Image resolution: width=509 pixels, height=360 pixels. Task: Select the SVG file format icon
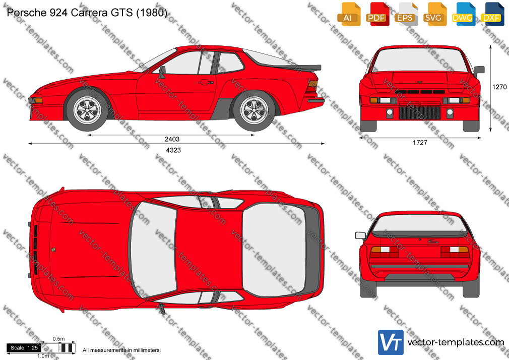[x=435, y=14]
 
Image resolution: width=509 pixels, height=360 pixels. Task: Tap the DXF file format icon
[x=493, y=14]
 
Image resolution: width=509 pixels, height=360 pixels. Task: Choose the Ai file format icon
[x=349, y=14]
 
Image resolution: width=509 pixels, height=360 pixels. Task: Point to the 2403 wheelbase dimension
[x=172, y=139]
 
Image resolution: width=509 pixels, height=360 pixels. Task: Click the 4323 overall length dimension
[x=173, y=150]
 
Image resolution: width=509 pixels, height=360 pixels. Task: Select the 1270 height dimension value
[x=499, y=87]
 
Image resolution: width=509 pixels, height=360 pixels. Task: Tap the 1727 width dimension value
[x=420, y=142]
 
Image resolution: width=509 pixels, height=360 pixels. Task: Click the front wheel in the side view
[x=87, y=110]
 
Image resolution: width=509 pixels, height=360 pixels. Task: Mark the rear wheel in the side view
[x=254, y=110]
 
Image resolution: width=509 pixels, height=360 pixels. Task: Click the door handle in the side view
[x=206, y=82]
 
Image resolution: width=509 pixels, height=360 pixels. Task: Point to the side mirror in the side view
[x=162, y=72]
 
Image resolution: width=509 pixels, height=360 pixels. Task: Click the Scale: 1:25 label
[x=24, y=348]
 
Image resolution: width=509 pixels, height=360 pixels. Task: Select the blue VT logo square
[x=391, y=342]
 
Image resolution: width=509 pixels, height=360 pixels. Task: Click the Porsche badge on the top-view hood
[x=53, y=250]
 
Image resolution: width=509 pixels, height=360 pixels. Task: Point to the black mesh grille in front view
[x=420, y=113]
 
